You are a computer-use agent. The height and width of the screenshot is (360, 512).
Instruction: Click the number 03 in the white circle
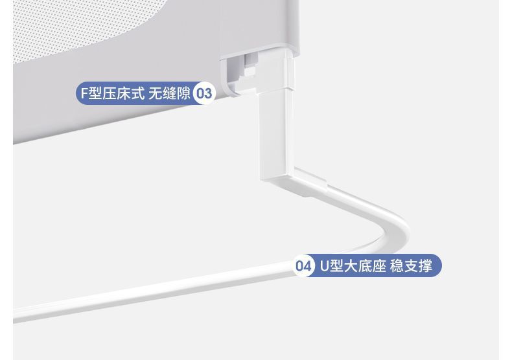pyautogui.click(x=204, y=93)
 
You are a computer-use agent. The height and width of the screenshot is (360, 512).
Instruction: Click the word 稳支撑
pyautogui.click(x=411, y=266)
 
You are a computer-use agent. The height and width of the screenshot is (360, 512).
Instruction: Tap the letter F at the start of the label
pyautogui.click(x=83, y=93)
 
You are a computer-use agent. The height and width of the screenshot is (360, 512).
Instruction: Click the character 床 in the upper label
pyautogui.click(x=122, y=93)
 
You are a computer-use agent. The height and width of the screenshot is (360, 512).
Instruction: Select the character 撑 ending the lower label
pyautogui.click(x=425, y=266)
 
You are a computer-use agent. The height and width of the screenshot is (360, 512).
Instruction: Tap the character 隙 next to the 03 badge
pyautogui.click(x=183, y=93)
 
